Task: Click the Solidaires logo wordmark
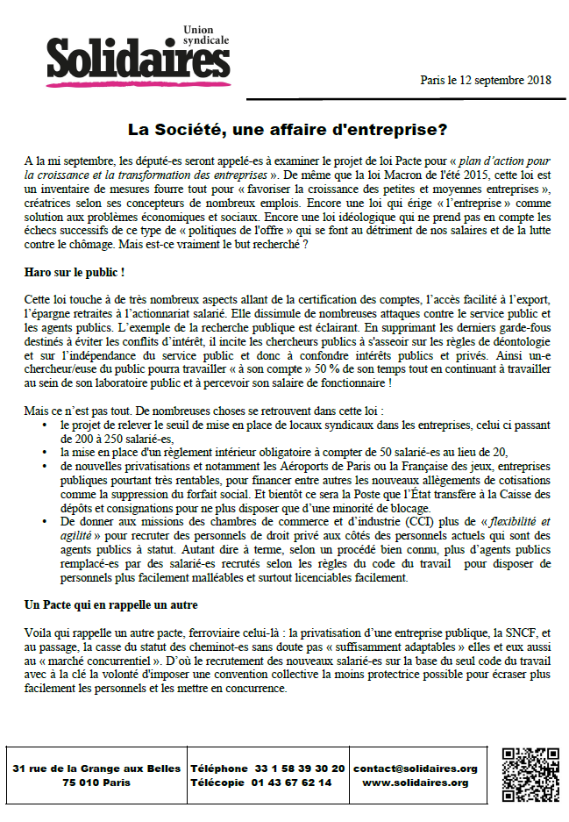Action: click(x=132, y=60)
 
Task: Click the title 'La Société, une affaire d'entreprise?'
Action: click(x=288, y=129)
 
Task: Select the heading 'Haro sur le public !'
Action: click(x=75, y=273)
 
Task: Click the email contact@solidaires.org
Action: click(x=416, y=768)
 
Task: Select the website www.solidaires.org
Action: click(x=416, y=783)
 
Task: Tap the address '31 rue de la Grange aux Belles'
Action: click(x=96, y=768)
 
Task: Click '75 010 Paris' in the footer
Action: click(x=96, y=783)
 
